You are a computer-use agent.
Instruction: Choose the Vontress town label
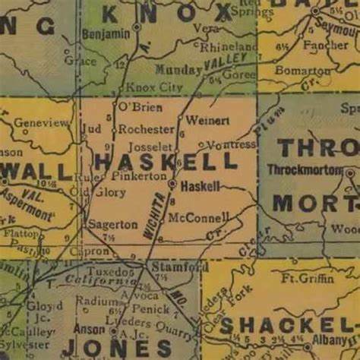click(232, 144)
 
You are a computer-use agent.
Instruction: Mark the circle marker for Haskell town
click(172, 184)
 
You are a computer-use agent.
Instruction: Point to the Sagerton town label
click(112, 225)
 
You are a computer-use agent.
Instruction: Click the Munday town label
click(175, 69)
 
